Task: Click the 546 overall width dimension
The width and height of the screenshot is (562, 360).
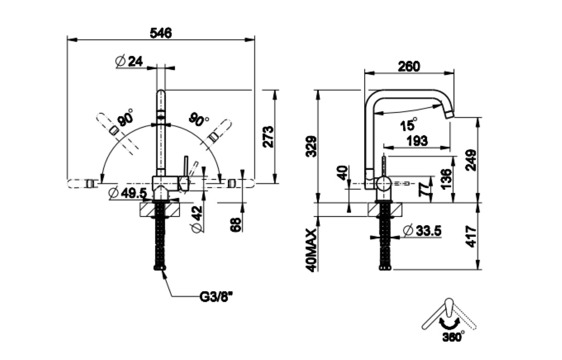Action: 161,33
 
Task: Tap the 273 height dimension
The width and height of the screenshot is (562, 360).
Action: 268,136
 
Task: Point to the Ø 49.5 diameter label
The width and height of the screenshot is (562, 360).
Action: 127,193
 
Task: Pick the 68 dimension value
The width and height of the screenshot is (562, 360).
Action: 236,225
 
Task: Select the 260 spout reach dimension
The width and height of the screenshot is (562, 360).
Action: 409,66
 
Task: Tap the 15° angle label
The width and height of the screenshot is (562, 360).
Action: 409,124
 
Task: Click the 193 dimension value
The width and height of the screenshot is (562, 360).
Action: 417,141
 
